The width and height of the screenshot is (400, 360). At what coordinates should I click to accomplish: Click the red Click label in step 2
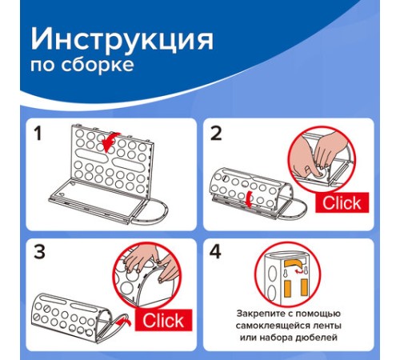[341, 203]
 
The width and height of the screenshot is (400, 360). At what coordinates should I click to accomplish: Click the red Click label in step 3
[163, 322]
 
